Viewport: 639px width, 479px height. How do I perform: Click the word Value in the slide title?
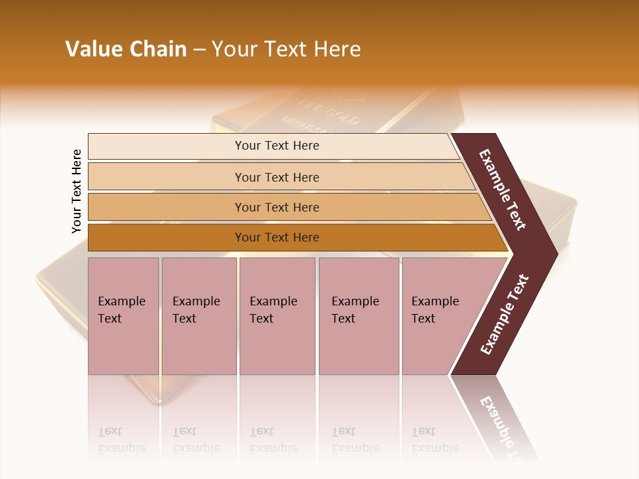[x=91, y=49]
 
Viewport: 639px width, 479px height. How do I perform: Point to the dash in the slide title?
[x=199, y=50]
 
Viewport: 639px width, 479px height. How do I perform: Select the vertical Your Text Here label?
[x=77, y=191]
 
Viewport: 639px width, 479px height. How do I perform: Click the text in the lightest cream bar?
[x=277, y=146]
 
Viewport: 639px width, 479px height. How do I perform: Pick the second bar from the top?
[x=277, y=177]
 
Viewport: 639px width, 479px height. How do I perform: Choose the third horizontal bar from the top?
[x=277, y=208]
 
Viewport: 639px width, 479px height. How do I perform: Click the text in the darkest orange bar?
[x=277, y=238]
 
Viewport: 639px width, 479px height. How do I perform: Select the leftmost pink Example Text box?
[x=123, y=316]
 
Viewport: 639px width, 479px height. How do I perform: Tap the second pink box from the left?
[x=198, y=316]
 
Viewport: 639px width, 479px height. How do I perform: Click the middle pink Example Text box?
[x=277, y=316]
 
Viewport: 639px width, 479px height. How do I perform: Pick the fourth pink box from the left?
[x=358, y=316]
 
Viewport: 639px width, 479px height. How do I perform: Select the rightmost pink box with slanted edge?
[x=439, y=316]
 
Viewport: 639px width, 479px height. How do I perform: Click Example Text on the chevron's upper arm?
[x=503, y=190]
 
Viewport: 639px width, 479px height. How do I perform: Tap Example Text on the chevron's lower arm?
[x=505, y=315]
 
